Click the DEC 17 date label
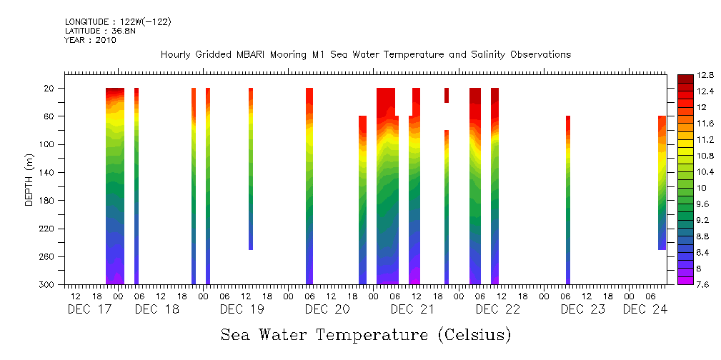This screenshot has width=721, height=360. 90,309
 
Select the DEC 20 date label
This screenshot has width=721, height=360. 327,309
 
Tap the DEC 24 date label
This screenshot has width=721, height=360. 645,309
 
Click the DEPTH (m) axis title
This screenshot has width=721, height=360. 29,179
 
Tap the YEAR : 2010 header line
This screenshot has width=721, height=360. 90,40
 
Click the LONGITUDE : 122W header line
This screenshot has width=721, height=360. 118,21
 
